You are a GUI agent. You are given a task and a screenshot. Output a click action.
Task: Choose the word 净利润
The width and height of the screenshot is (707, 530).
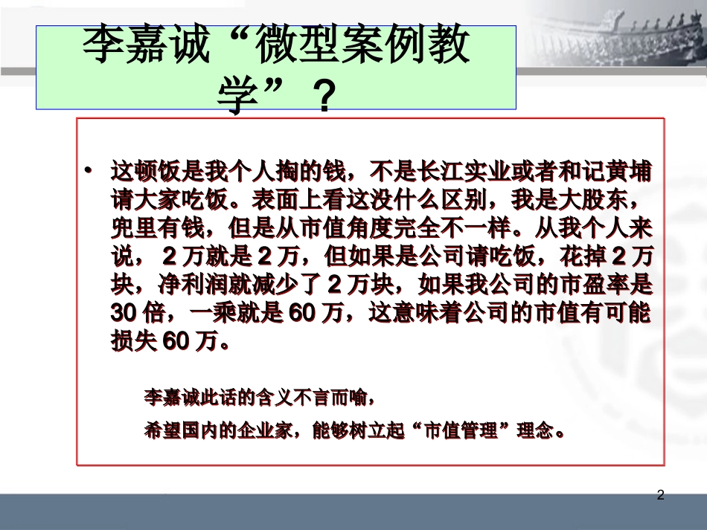[191, 284]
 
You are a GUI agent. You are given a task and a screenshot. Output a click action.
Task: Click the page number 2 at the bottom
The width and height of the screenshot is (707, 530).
[660, 495]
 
